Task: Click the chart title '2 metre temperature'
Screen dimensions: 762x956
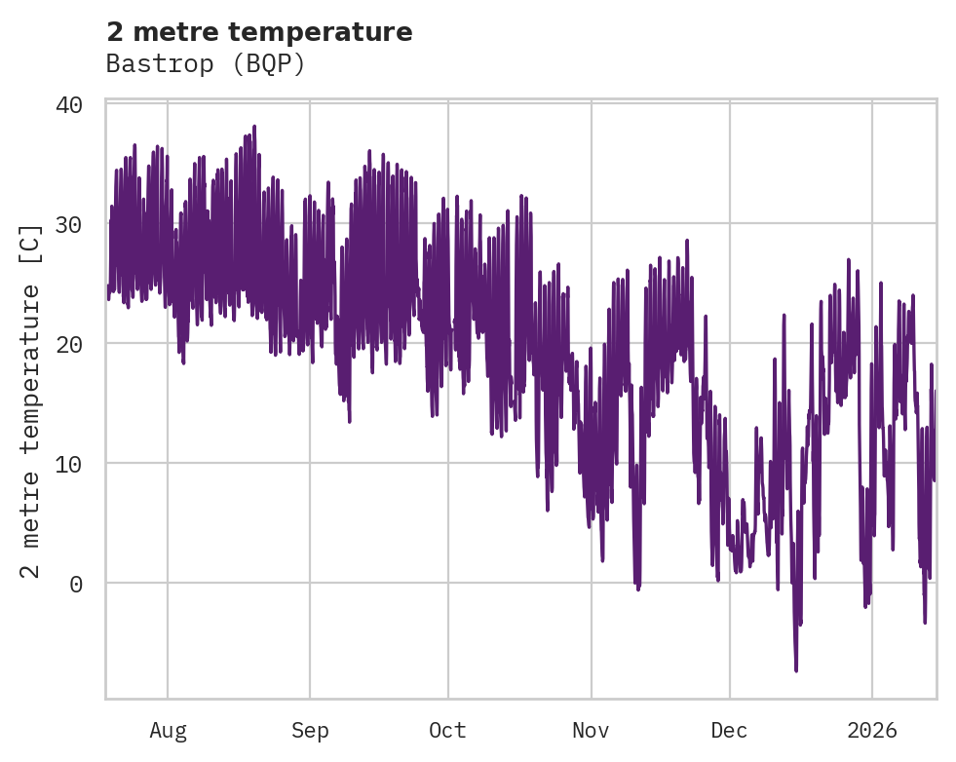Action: [x=259, y=32]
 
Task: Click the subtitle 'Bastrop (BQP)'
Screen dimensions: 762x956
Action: [x=206, y=64]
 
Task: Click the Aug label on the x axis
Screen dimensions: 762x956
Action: [x=168, y=730]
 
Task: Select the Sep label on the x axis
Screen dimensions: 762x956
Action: [x=310, y=730]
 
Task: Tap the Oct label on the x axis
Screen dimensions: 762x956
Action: [x=448, y=730]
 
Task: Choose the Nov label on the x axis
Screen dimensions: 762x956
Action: [x=591, y=730]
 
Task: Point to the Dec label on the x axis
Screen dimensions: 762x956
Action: [x=729, y=730]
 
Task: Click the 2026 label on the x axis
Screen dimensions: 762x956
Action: [x=872, y=730]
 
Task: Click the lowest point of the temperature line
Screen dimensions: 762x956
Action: [x=796, y=670]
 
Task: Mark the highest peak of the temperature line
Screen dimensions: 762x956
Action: [x=254, y=127]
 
